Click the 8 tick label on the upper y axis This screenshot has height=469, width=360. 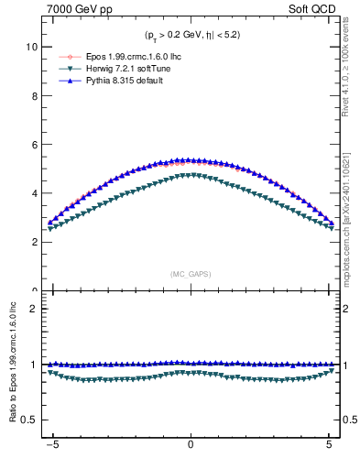click(35, 95)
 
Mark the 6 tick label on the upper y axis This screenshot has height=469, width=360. click(35, 145)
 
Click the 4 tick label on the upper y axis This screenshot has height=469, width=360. click(35, 193)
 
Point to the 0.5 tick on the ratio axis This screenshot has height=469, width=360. click(30, 420)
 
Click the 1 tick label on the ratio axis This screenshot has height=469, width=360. click(35, 365)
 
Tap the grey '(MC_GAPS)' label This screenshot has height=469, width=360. click(191, 274)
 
